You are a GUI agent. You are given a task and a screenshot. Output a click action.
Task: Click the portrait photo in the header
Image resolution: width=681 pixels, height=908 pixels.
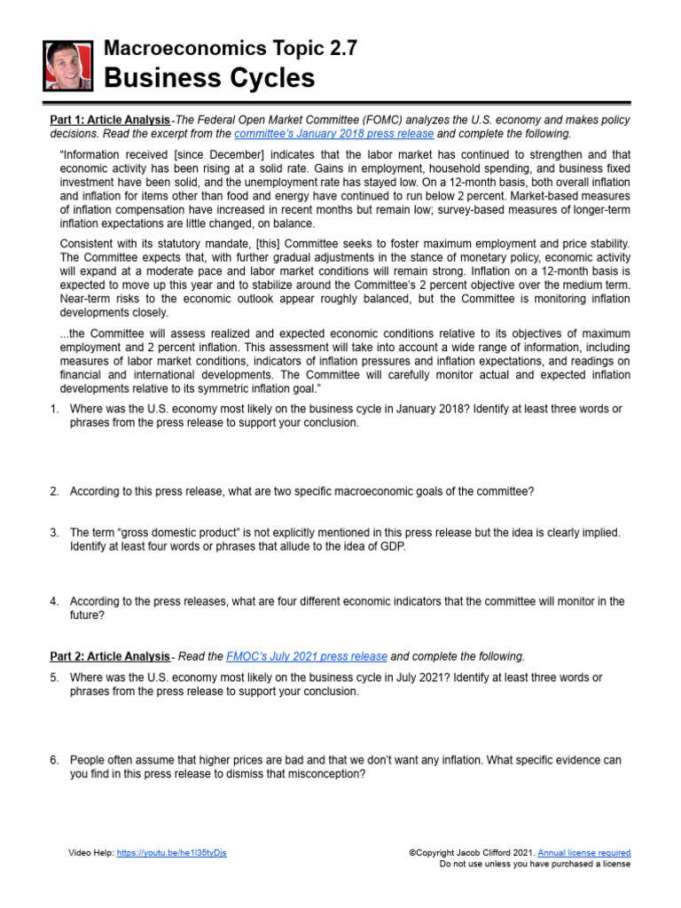[67, 66]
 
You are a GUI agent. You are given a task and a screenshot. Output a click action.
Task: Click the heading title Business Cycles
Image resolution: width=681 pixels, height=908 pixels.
[209, 79]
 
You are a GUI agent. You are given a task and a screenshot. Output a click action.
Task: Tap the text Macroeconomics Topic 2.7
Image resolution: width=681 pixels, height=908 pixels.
[231, 49]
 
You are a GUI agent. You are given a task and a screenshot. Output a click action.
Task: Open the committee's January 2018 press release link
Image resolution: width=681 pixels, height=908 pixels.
[334, 134]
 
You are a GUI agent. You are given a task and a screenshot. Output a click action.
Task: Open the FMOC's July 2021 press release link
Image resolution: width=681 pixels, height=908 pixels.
[307, 656]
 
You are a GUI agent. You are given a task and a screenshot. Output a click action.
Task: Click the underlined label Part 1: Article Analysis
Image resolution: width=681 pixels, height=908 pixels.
[108, 120]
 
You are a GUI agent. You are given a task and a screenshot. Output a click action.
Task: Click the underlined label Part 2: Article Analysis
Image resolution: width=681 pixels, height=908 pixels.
[108, 656]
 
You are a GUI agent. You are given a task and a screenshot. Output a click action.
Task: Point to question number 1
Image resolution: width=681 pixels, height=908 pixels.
[54, 409]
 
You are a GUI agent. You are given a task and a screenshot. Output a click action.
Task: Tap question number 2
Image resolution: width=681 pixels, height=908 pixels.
[54, 490]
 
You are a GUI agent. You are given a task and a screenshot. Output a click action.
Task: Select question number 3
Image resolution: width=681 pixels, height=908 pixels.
[54, 532]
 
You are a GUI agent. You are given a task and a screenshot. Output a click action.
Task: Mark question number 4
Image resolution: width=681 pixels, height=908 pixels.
[54, 601]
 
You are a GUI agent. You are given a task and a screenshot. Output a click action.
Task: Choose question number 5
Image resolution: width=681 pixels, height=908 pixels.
[54, 677]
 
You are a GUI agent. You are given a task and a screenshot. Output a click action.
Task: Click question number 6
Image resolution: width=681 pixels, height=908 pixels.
[54, 760]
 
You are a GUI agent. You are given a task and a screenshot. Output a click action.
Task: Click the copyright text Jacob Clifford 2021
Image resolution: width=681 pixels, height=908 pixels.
[496, 853]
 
